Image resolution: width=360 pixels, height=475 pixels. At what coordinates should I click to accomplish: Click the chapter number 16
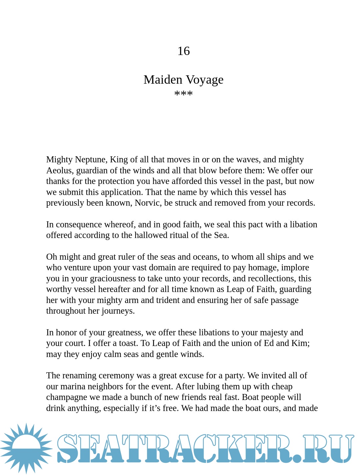click(x=183, y=51)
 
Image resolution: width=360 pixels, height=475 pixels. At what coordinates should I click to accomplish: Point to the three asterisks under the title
click(x=183, y=94)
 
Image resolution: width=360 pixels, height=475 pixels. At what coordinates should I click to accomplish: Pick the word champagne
click(x=65, y=397)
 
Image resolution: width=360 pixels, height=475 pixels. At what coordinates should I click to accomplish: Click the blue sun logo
click(x=27, y=448)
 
